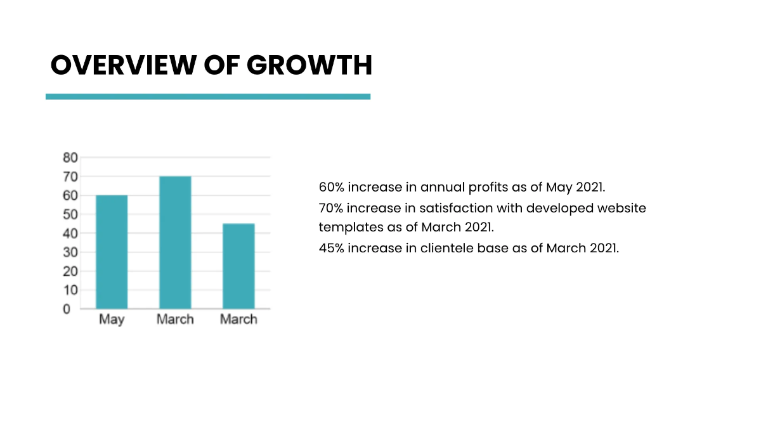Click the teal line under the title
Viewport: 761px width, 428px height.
coord(208,96)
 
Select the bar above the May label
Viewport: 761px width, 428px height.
coord(112,252)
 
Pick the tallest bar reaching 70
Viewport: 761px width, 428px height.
coord(175,242)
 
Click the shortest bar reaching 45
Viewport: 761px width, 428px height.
coord(238,266)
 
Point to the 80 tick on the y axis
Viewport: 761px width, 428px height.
coord(70,157)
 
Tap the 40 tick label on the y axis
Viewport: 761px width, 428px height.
coord(70,233)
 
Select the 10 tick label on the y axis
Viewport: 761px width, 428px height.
coord(70,290)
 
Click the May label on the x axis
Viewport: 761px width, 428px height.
coord(112,320)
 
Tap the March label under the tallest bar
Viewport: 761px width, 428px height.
coord(175,320)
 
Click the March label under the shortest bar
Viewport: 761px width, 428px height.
coord(238,320)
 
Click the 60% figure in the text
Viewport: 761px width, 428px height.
coord(332,188)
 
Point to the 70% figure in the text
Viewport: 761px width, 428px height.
coord(332,208)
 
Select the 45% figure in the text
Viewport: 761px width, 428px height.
coord(332,248)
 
